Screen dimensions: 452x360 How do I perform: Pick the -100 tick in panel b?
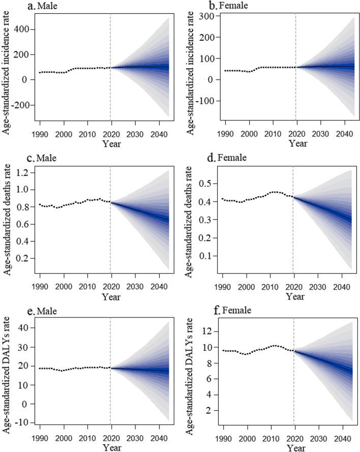click(206, 101)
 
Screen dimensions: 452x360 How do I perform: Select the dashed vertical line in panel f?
click(293, 372)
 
